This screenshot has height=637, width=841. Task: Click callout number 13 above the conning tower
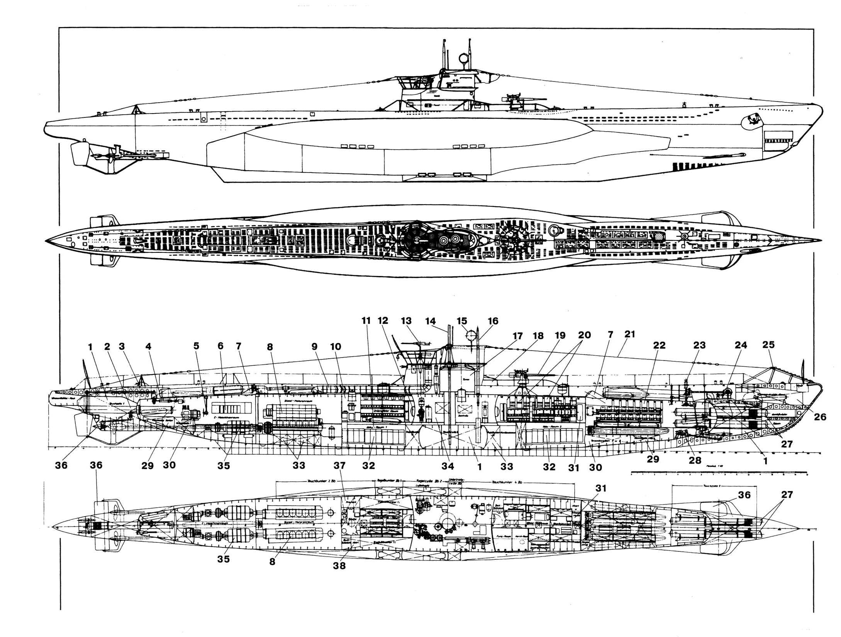(x=406, y=321)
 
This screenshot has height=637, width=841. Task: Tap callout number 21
(x=630, y=334)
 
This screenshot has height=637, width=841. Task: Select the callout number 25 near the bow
(x=768, y=344)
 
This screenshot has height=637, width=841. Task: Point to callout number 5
(x=197, y=346)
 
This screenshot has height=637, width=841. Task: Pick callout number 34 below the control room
(x=448, y=466)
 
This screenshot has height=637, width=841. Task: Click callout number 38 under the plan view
(x=339, y=566)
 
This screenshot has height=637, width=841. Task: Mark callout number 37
(x=339, y=466)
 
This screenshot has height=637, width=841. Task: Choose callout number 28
(x=695, y=460)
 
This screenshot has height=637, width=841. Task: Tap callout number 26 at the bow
(x=820, y=417)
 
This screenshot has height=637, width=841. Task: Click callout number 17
(x=517, y=336)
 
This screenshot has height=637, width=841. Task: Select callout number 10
(x=336, y=347)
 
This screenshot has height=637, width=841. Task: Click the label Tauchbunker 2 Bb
(x=321, y=481)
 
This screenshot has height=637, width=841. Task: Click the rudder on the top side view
(x=79, y=153)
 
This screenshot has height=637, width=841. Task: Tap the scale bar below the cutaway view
(x=719, y=472)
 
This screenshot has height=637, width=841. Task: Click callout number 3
(x=122, y=346)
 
